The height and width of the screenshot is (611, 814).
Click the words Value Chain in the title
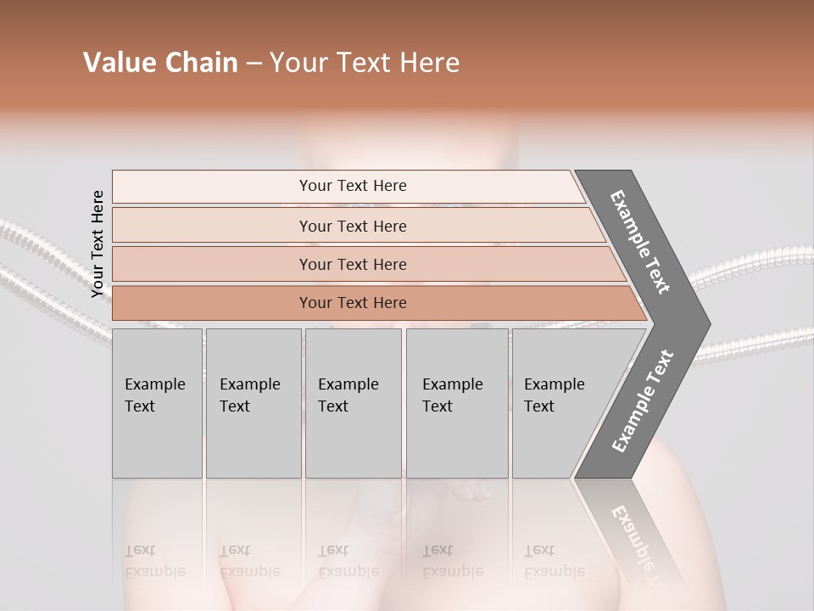pos(160,63)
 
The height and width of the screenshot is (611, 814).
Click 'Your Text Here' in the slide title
pos(365,63)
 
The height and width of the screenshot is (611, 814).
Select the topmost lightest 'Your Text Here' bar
pos(352,186)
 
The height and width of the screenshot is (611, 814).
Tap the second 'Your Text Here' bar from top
pos(352,226)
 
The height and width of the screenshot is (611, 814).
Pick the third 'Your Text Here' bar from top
pos(352,264)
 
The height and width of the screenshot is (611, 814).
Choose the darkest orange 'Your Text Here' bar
pos(352,303)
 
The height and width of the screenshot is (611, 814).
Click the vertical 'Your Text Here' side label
pos(98,244)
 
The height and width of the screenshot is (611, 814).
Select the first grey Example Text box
pos(157,403)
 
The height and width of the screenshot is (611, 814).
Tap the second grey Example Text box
pos(253,403)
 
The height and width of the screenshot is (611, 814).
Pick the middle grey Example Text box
pos(353,403)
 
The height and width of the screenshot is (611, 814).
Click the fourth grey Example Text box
pos(456,403)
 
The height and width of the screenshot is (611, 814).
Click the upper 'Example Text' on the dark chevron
pos(640,242)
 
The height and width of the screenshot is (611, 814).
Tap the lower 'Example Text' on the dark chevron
pos(643,401)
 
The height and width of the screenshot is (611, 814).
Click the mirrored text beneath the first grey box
pos(154,561)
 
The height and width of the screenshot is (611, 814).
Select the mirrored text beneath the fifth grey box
pos(554,561)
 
